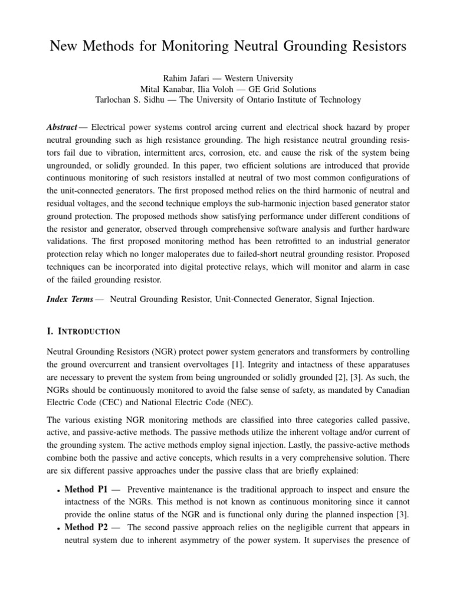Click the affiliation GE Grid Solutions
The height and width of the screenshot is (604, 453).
(282, 89)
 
